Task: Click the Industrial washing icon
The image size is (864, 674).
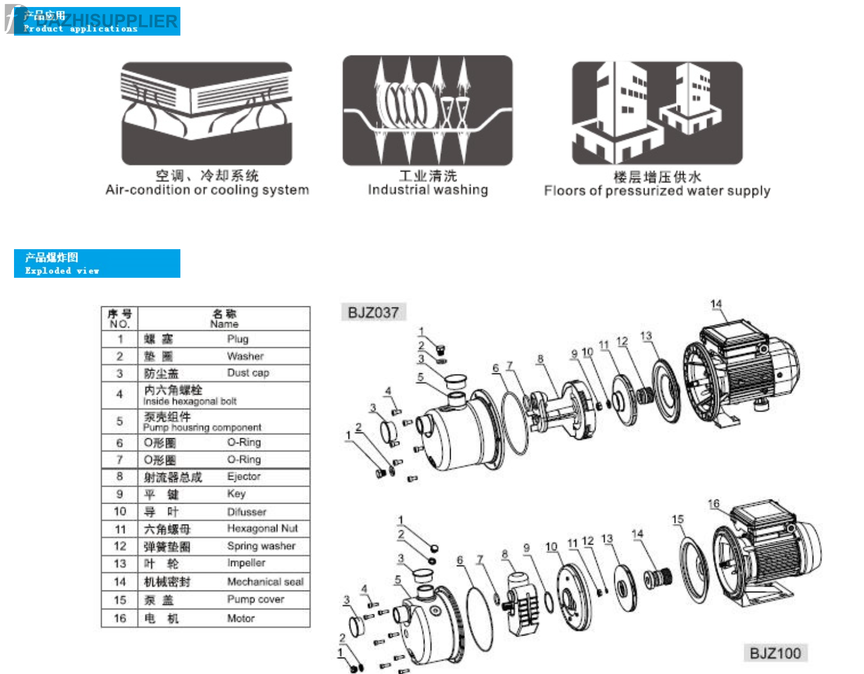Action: [x=427, y=110]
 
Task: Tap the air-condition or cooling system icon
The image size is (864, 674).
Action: [x=207, y=113]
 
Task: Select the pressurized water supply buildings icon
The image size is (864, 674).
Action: [x=657, y=113]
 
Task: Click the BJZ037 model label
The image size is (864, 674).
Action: [x=373, y=312]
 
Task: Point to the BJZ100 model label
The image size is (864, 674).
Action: [x=775, y=653]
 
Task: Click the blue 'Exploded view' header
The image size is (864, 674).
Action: [x=97, y=264]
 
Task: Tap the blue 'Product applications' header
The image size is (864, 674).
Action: [x=97, y=22]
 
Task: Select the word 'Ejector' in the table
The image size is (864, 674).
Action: [x=243, y=477]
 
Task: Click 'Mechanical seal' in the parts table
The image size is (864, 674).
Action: [x=265, y=582]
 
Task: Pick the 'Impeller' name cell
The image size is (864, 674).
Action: [x=246, y=563]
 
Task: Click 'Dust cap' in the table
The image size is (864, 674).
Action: [x=248, y=373]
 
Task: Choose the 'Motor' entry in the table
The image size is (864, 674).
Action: [x=241, y=618]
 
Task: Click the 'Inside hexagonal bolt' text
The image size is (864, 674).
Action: [x=190, y=401]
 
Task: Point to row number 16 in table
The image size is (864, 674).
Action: [x=120, y=618]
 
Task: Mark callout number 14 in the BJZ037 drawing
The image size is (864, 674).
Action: [x=716, y=304]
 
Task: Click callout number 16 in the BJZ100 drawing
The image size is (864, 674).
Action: [x=713, y=504]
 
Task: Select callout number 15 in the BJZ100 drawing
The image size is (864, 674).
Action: [x=677, y=519]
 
